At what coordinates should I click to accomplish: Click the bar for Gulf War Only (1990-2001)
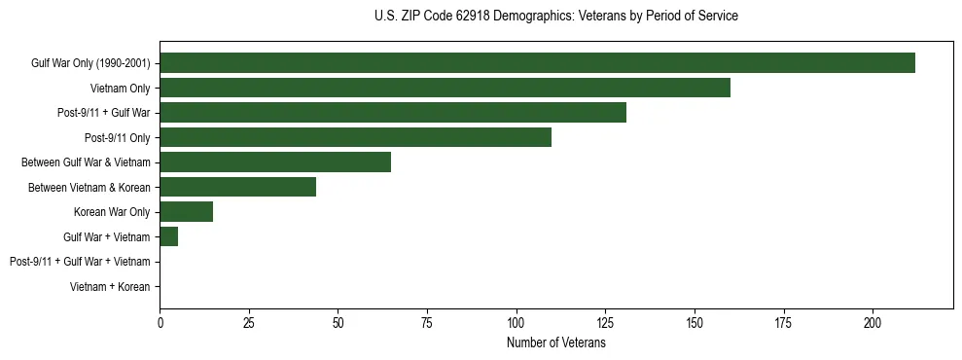coord(537,62)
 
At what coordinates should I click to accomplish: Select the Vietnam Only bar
coord(445,88)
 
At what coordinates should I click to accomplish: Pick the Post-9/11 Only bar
coord(355,137)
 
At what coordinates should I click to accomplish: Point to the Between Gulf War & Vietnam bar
coord(275,162)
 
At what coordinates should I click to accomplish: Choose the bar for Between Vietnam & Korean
coord(237,187)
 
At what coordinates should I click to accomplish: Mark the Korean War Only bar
coord(186,212)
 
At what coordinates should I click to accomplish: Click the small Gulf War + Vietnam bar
coord(168,236)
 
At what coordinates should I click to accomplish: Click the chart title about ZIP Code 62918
coord(555,17)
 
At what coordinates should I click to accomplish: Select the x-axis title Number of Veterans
coord(555,343)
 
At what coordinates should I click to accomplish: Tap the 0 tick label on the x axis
coord(160,322)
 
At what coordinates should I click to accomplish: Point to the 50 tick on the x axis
coord(338,322)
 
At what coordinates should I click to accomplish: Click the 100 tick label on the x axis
coord(516,322)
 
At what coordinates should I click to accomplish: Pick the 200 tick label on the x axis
coord(873,322)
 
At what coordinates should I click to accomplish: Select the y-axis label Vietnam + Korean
coord(110,287)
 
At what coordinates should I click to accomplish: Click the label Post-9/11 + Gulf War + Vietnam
coord(80,262)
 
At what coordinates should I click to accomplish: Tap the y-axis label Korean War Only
coord(112,212)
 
